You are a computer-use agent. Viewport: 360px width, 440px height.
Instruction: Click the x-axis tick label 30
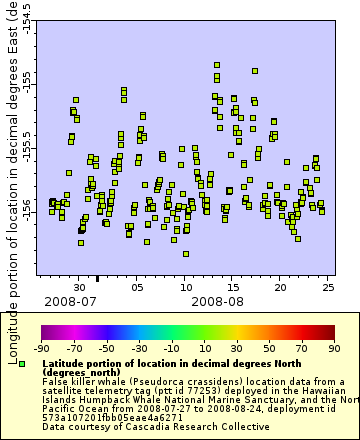pos(80,287)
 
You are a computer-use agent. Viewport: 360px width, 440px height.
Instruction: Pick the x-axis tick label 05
pos(138,287)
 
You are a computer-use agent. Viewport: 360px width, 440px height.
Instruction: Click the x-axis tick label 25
pos(328,287)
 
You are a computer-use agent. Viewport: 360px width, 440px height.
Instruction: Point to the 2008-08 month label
pos(217,300)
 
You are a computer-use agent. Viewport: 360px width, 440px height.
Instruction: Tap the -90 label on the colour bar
pos(41,349)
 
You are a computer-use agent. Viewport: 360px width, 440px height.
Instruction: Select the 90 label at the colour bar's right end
pos(333,349)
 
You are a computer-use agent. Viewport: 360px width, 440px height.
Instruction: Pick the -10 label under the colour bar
pos(171,349)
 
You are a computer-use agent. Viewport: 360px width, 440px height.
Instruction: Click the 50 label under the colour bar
pos(269,349)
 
